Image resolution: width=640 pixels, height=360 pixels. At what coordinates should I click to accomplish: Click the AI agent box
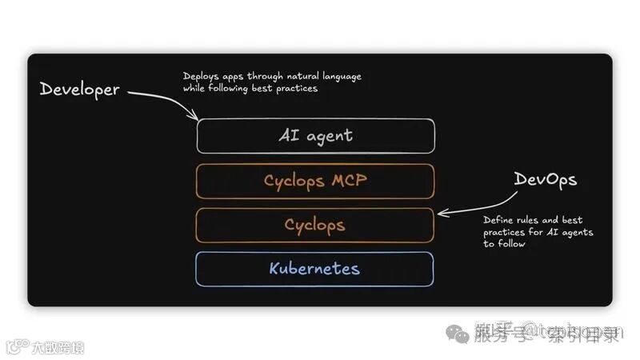click(316, 136)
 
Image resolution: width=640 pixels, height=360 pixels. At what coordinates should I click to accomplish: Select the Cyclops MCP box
click(316, 181)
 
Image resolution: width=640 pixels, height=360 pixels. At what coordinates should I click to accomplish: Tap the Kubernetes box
click(316, 269)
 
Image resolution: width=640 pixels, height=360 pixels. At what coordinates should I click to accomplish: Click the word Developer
click(79, 89)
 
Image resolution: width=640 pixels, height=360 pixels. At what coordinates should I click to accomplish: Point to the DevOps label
click(545, 180)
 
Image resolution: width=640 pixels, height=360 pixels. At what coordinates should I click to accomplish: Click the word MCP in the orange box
click(348, 181)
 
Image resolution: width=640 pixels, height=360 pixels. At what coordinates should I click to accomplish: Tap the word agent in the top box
click(328, 136)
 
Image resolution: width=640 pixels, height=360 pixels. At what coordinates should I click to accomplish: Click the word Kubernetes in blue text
click(314, 269)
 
